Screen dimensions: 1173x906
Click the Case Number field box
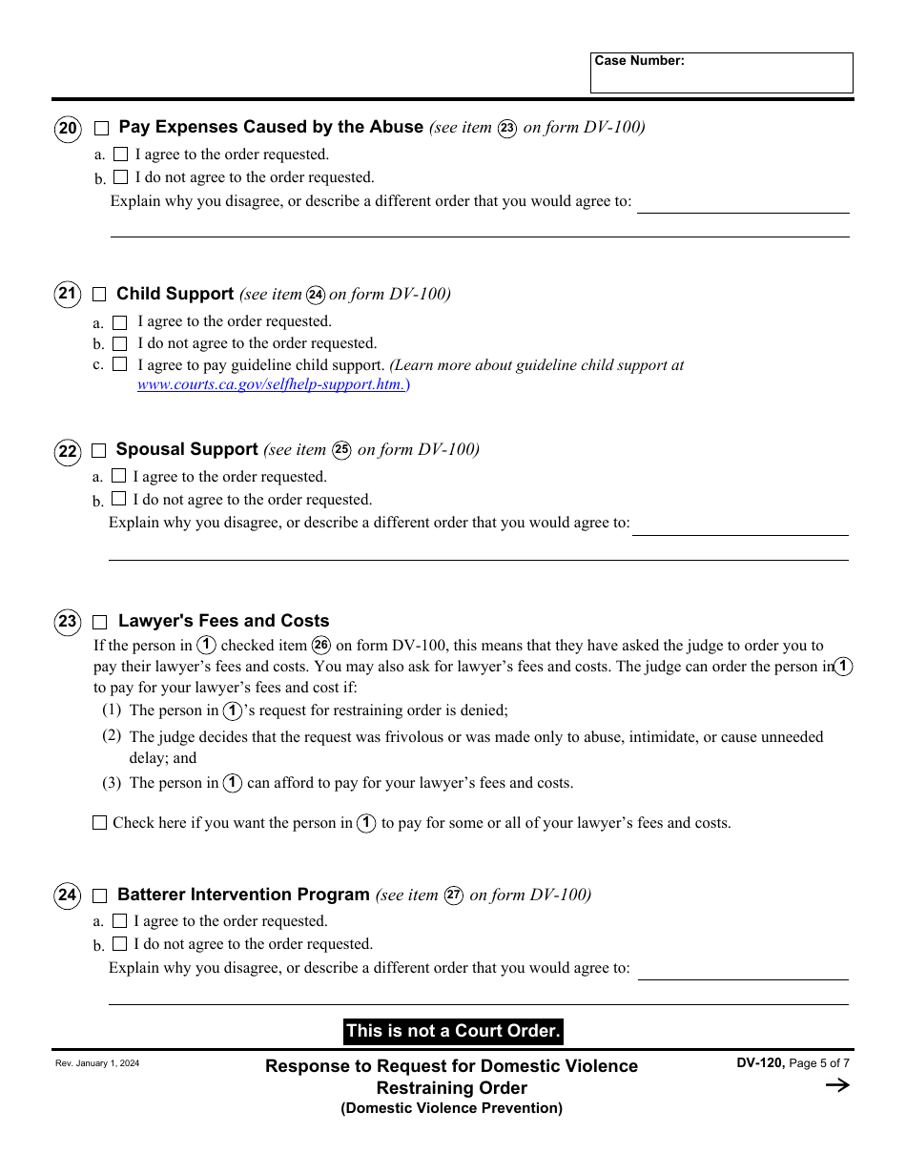721,73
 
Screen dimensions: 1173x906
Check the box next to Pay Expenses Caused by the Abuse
102,129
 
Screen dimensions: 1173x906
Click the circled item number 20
68,129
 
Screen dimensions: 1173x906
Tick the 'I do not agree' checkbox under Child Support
120,343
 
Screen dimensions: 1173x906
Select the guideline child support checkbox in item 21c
120,364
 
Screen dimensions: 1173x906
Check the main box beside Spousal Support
99,451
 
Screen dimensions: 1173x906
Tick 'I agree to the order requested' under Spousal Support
119,476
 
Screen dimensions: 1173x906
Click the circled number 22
68,451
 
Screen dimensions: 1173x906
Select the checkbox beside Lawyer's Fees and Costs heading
99,623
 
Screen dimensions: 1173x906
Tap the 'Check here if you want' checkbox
99,823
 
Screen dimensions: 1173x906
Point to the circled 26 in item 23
321,646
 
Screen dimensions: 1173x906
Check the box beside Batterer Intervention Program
99,896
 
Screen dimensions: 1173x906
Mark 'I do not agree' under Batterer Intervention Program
119,944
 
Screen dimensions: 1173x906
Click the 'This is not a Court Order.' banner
453,1031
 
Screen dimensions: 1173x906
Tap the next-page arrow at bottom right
836,1085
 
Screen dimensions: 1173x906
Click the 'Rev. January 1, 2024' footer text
97,1063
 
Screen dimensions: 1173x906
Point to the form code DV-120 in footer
759,1063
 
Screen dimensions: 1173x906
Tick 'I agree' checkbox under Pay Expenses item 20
120,154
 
